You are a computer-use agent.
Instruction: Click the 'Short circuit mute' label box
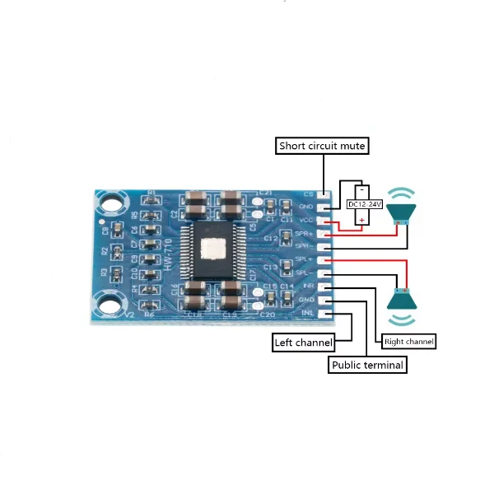tap(321, 147)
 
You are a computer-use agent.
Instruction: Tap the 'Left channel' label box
tap(303, 342)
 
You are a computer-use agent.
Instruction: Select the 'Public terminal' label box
tap(368, 365)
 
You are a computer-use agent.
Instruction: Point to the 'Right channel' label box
tap(409, 340)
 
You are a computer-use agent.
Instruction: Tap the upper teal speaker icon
tap(403, 212)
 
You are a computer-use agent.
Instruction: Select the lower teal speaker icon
tap(403, 298)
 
